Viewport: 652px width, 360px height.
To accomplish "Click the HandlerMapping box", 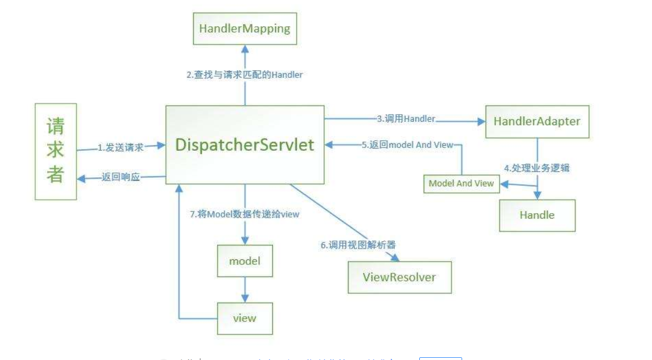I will (244, 29).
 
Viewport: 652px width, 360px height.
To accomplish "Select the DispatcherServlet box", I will (245, 145).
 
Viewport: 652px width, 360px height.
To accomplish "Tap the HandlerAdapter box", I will (537, 121).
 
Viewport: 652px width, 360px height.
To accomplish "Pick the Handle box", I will (537, 215).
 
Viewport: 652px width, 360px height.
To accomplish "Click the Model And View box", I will (461, 183).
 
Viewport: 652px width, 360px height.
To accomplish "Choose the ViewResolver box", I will (399, 277).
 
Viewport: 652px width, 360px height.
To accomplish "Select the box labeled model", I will (244, 261).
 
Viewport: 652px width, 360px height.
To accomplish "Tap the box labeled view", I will (244, 318).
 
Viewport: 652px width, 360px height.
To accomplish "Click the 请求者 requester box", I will (56, 151).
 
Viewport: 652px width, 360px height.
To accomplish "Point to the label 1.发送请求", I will (121, 147).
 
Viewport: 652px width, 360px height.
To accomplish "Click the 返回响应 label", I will (121, 177).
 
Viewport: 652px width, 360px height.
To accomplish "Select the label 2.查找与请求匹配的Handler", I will (244, 75).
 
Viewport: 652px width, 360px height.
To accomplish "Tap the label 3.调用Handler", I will (406, 119).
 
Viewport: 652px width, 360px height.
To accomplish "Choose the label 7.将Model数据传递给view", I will (244, 214).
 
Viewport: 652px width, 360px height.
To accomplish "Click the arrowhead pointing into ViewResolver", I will (397, 258).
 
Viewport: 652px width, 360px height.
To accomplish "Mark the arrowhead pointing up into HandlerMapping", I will (244, 49).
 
